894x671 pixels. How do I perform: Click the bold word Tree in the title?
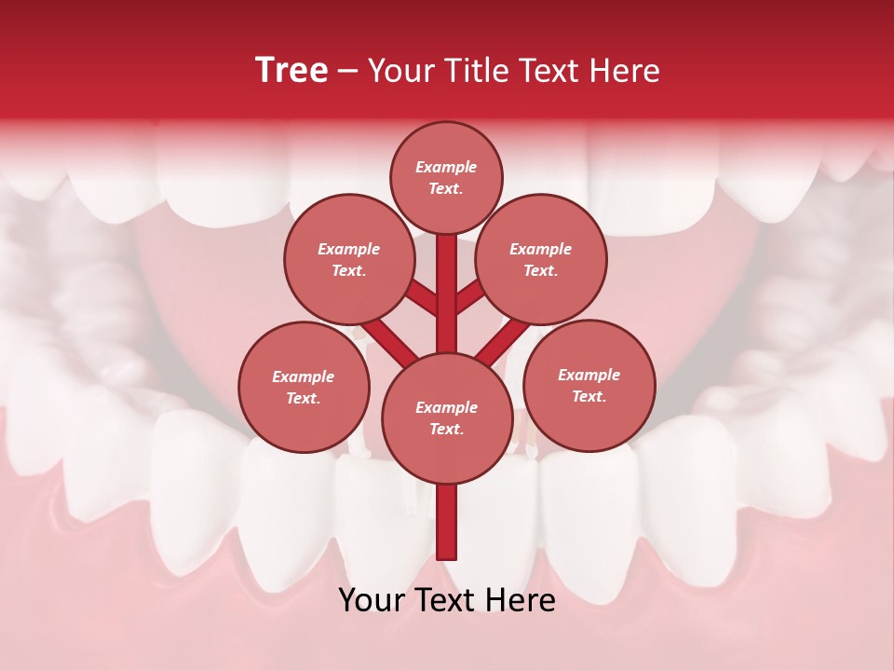tap(291, 71)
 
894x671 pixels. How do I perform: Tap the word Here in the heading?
tap(626, 71)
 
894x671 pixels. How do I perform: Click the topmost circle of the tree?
tap(446, 177)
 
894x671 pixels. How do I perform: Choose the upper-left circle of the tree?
tap(349, 259)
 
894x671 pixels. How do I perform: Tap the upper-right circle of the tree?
tap(541, 259)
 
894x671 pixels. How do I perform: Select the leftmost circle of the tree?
tap(304, 387)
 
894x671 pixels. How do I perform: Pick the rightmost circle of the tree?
tap(589, 385)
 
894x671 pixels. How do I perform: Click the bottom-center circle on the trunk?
tap(447, 418)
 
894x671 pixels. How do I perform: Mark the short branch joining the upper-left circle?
tap(423, 298)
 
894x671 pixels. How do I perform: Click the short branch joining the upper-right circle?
tap(469, 298)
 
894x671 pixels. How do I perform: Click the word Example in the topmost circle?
tap(446, 167)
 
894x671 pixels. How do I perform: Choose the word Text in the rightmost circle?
tap(589, 396)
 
